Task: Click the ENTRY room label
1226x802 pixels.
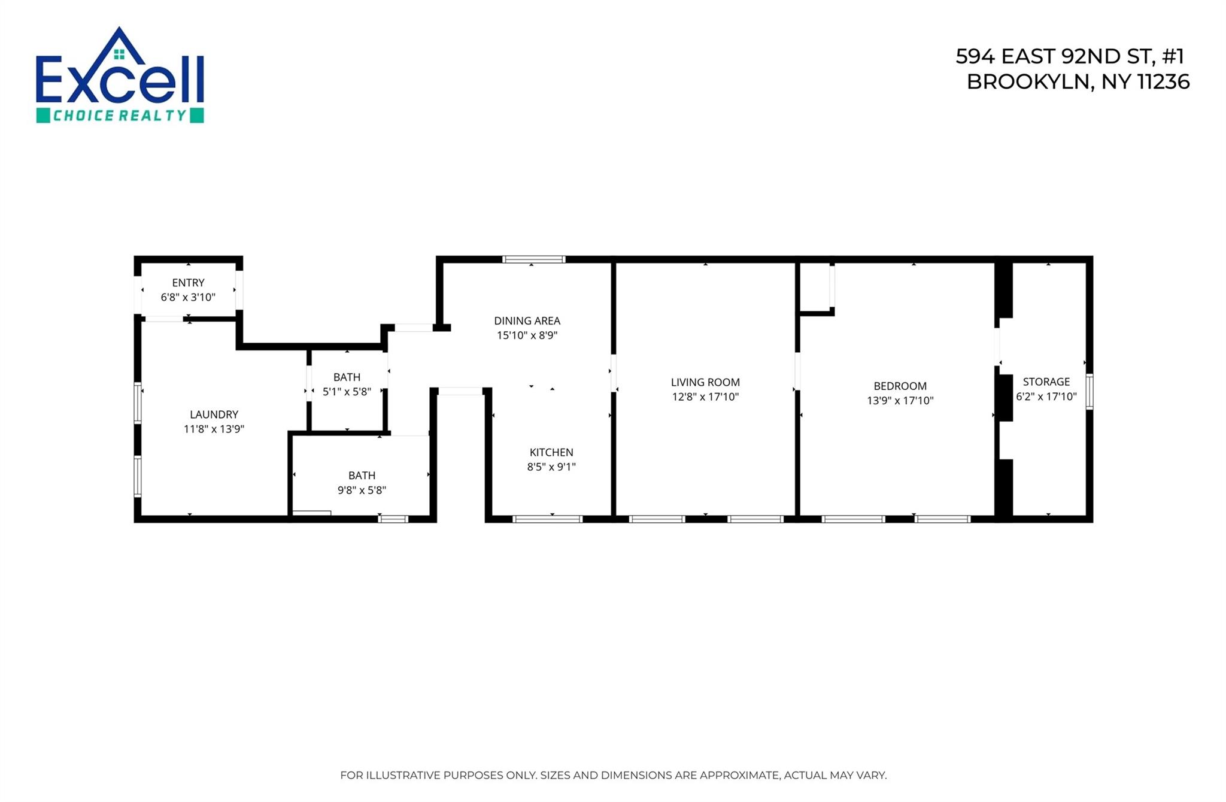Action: point(188,283)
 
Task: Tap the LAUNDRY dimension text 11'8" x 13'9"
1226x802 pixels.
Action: point(214,429)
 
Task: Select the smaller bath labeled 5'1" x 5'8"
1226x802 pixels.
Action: point(347,384)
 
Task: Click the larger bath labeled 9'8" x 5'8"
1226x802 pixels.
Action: point(362,482)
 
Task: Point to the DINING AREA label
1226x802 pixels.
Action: point(527,321)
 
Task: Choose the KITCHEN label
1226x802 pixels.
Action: point(551,452)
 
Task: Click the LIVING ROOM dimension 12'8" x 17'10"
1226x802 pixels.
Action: point(705,397)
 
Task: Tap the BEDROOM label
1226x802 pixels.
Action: point(900,386)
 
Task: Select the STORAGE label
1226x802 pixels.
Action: point(1046,382)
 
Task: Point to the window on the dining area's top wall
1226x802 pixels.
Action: point(533,259)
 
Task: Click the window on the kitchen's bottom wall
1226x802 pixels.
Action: point(547,519)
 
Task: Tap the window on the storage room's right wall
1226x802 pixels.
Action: point(1090,391)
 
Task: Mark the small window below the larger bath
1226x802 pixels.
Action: point(393,519)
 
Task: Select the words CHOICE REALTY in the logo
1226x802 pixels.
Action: point(120,116)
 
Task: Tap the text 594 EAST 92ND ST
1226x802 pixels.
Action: point(1052,56)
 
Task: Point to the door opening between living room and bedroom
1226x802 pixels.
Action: point(797,371)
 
